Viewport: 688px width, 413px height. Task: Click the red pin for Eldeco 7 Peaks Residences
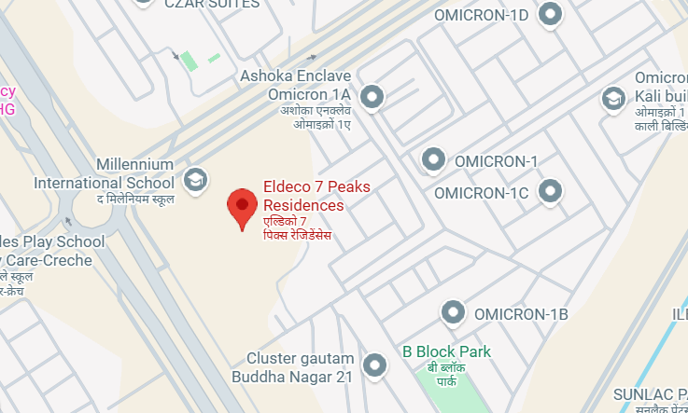[243, 206]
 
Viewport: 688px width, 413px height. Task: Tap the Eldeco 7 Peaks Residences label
[316, 196]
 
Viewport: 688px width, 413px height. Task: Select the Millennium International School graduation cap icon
[196, 178]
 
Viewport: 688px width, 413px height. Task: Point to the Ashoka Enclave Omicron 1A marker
[373, 96]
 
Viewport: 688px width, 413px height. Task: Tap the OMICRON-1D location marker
[552, 14]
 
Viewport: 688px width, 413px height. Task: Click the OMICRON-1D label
[481, 15]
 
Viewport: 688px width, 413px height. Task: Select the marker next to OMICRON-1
[433, 159]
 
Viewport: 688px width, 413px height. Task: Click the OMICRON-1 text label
[496, 161]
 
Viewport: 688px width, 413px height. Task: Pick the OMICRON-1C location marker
[552, 192]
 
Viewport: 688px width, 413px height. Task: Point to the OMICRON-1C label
[482, 193]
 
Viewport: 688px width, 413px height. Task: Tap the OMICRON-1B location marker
[454, 312]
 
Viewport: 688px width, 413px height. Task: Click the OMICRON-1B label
[521, 314]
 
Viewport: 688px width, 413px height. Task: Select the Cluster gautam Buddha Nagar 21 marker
[374, 365]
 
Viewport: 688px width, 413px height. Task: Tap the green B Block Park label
[446, 351]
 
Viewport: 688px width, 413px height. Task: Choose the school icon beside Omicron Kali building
[613, 97]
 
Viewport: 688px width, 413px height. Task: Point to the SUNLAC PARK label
[650, 393]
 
